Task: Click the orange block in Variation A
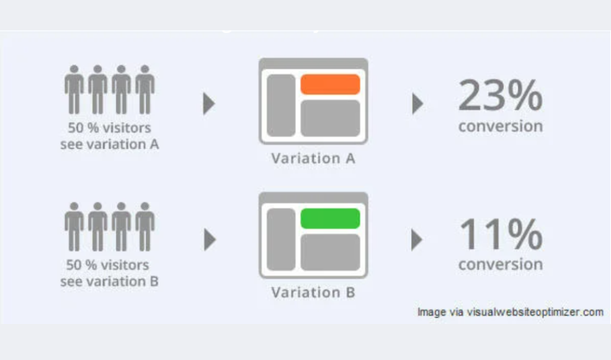point(330,84)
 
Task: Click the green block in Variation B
point(330,218)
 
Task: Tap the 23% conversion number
point(500,95)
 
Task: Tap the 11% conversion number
point(501,233)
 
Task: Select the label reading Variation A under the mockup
point(313,158)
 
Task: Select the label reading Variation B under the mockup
point(313,292)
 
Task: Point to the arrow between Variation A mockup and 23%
point(418,104)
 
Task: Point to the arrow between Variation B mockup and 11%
point(417,239)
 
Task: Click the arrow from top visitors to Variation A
point(209,104)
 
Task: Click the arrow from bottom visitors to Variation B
point(210,239)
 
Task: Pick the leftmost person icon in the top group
point(74,89)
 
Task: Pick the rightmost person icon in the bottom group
point(145,227)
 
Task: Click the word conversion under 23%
point(500,127)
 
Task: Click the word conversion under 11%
point(500,265)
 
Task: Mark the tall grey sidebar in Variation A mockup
point(281,105)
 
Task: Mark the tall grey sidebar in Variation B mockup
point(281,239)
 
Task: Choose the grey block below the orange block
point(330,118)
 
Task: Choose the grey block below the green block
point(330,252)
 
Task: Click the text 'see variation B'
point(109,282)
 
